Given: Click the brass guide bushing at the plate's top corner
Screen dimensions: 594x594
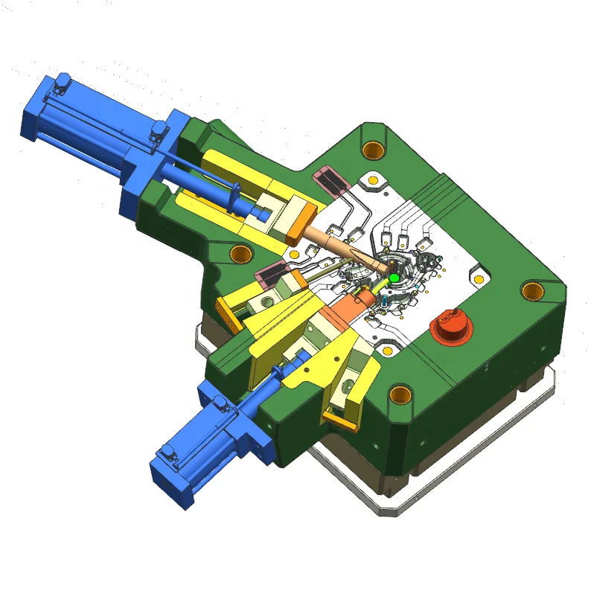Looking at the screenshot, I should coord(371,149).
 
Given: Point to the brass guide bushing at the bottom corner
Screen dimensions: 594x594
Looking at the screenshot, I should coord(400,394).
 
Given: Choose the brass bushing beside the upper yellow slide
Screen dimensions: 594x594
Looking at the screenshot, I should coord(240,255).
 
